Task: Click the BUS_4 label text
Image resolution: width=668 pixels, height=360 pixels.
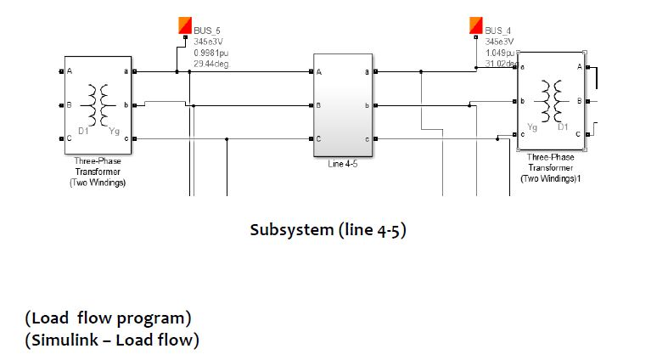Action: (x=498, y=31)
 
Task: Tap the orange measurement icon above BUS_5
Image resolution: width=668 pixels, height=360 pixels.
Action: (x=185, y=25)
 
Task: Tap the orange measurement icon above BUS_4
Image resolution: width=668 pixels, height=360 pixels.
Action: (x=476, y=25)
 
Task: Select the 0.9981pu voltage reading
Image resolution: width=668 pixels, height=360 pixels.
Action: (x=205, y=52)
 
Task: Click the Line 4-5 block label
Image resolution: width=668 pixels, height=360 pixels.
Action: (x=342, y=164)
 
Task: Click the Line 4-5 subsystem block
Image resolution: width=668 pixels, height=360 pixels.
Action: (x=343, y=105)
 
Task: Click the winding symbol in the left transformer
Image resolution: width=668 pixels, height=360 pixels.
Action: (x=101, y=104)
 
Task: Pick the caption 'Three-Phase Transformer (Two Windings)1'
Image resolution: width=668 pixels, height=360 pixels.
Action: (x=550, y=167)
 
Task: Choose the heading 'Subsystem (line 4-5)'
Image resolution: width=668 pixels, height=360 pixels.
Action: (x=328, y=230)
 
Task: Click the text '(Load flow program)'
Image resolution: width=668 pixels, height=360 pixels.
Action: (x=109, y=318)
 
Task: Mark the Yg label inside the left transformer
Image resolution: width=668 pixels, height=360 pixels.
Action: (x=114, y=132)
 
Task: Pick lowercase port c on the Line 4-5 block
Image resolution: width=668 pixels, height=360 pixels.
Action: (x=366, y=138)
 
